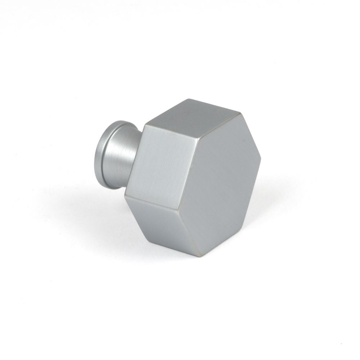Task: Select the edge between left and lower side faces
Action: (x=151, y=202)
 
